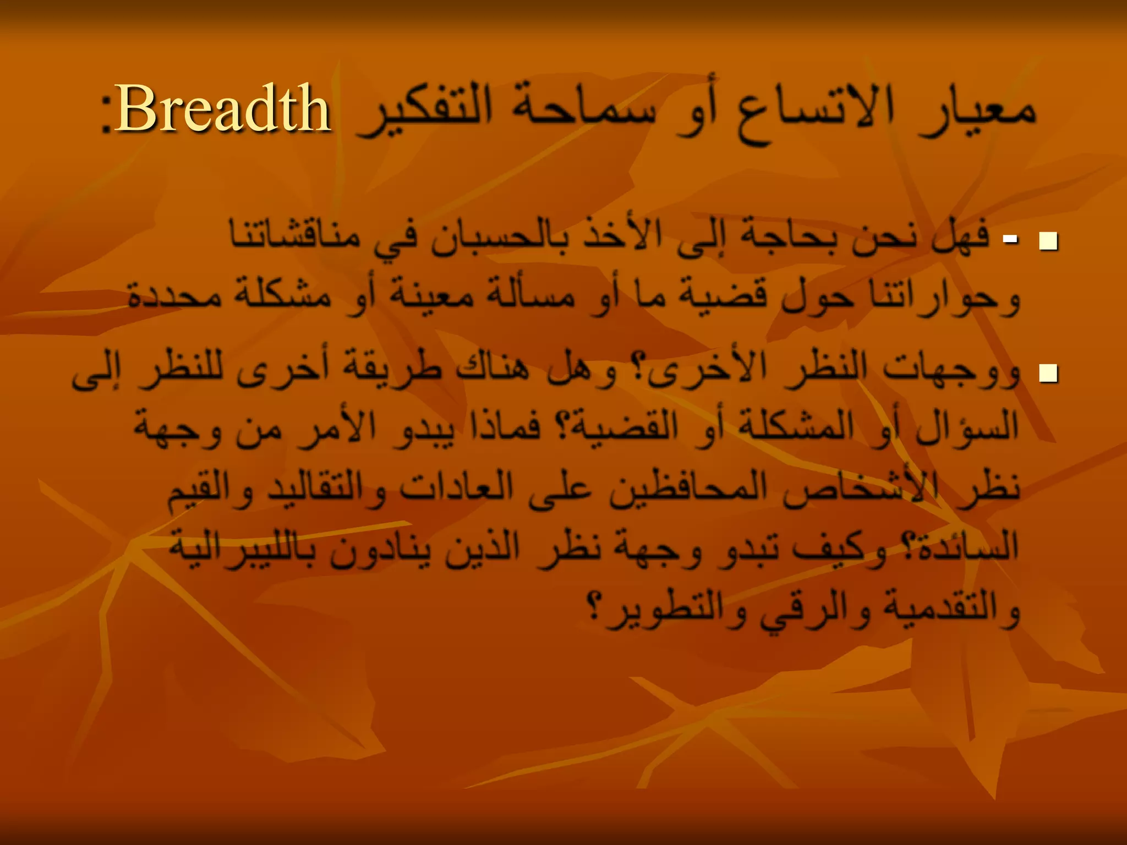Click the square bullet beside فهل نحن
[1048, 241]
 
